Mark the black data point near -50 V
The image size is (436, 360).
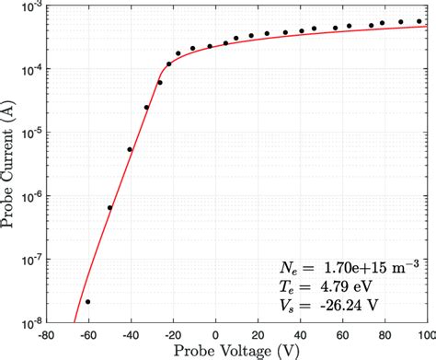(x=109, y=207)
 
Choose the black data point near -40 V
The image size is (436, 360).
(x=130, y=149)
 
